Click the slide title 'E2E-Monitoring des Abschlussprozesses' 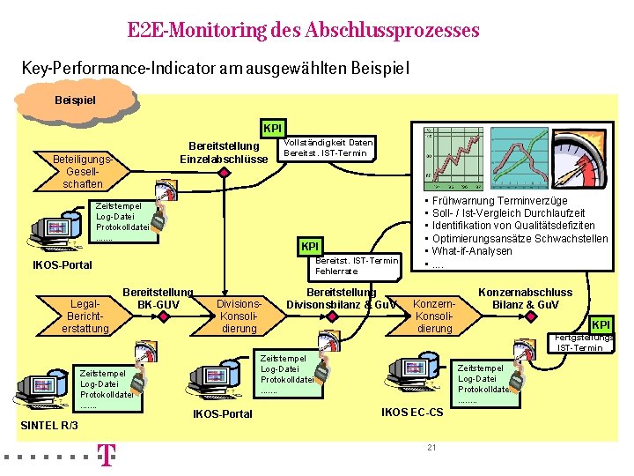click(x=303, y=31)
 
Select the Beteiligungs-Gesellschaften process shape click(x=83, y=171)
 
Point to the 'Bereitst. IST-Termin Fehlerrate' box click(x=356, y=265)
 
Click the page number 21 click(x=431, y=448)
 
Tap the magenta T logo click(x=106, y=456)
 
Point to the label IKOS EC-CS click(x=411, y=413)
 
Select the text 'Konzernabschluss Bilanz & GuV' click(x=525, y=299)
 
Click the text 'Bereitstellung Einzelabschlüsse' click(x=224, y=152)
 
